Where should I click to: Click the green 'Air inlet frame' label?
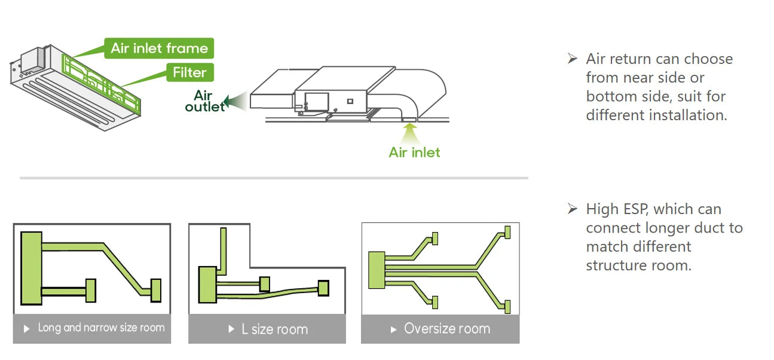[159, 48]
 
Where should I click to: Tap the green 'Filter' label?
[189, 72]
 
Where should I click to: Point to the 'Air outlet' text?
[204, 101]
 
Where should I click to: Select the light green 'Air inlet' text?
[414, 152]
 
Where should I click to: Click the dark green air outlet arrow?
[235, 101]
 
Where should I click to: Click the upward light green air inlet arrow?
[410, 133]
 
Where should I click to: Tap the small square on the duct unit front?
[350, 101]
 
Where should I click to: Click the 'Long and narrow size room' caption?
[101, 328]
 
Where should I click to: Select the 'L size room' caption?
[275, 329]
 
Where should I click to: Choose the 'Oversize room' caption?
[447, 328]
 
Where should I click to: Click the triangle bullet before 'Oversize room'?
[393, 330]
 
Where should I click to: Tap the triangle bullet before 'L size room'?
[231, 329]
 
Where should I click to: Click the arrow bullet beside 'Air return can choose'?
[573, 59]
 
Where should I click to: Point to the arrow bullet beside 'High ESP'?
[573, 209]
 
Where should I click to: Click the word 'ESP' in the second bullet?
[636, 209]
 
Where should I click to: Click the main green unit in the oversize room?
[377, 270]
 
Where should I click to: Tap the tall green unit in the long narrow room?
[32, 269]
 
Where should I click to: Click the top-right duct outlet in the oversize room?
[507, 232]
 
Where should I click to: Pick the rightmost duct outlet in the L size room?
[323, 288]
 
